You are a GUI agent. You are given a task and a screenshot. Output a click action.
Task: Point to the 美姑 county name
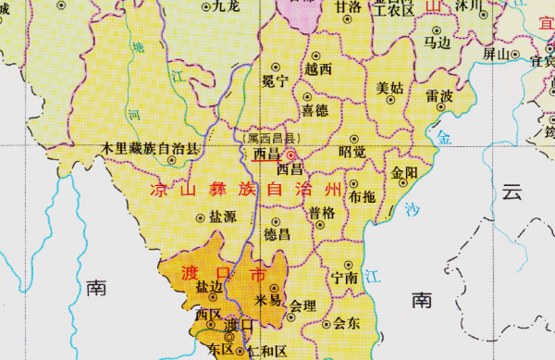pos(390,89)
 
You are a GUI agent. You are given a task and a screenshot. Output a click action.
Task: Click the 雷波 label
pos(439,96)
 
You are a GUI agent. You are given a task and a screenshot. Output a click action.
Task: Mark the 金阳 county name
pos(404,173)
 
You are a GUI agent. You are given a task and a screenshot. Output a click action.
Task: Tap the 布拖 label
pos(363,197)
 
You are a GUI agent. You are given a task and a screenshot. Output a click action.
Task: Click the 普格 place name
pos(323,213)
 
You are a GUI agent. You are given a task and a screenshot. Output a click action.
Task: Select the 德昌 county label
pos(277,234)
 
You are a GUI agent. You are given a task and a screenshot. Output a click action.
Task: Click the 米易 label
pos(267,301)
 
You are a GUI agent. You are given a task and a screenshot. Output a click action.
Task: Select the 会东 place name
pos(346,323)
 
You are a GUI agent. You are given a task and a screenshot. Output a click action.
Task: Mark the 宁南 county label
pos(344,277)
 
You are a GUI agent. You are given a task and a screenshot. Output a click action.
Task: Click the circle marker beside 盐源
pos(202,217)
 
